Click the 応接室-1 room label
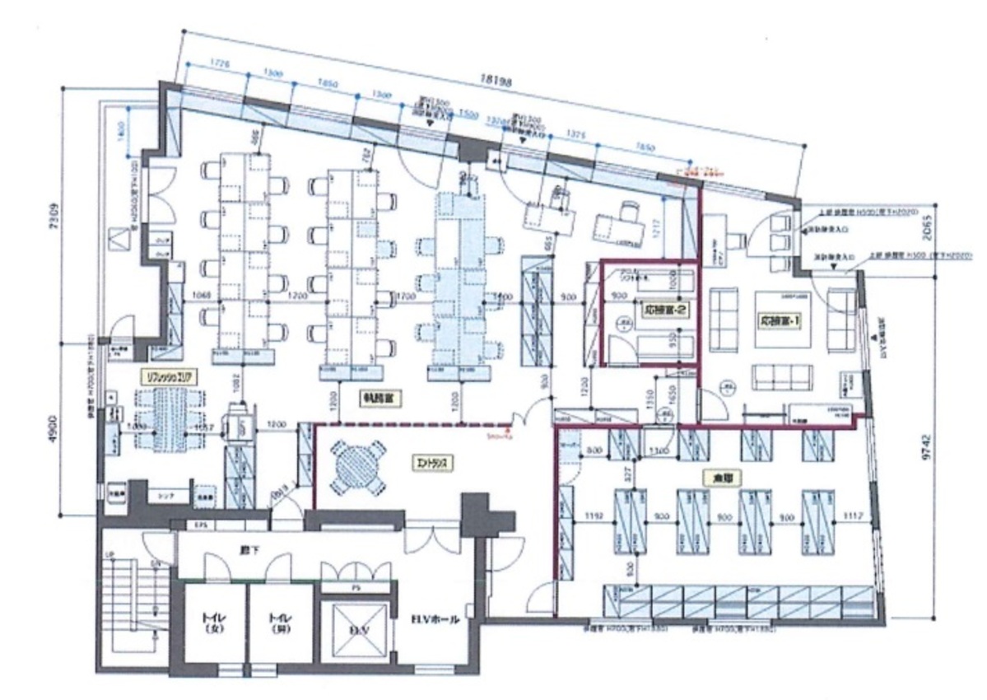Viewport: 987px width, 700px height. coord(780,320)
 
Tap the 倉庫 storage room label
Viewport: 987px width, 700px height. coord(714,477)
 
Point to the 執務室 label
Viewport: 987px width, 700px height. coord(379,398)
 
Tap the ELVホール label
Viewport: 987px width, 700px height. coord(427,622)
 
